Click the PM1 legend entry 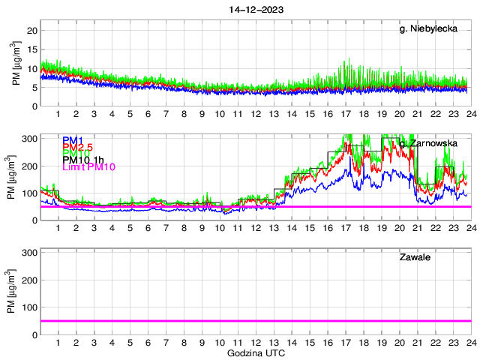pyautogui.click(x=73, y=140)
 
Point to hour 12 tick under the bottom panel pyautogui.click(x=256, y=343)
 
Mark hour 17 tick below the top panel pyautogui.click(x=345, y=115)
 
